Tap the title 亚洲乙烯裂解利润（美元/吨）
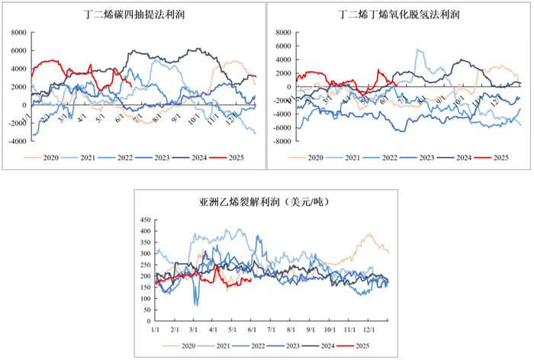tap(265, 202)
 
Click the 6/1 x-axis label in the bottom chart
tap(253, 329)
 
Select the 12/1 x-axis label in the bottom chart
tap(370, 329)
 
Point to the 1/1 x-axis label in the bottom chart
tap(155, 329)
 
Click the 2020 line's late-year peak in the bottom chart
tap(370, 235)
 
